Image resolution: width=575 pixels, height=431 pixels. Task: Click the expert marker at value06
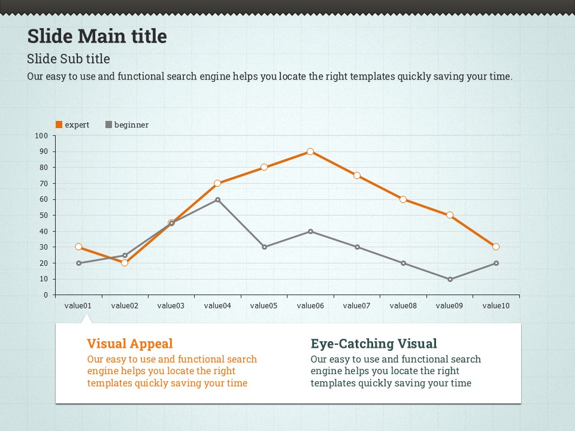pyautogui.click(x=310, y=151)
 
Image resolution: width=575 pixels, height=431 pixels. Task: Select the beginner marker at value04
pyautogui.click(x=217, y=199)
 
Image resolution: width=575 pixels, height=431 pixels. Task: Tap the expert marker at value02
pyautogui.click(x=125, y=263)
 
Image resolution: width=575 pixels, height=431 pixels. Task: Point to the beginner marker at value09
pyautogui.click(x=449, y=279)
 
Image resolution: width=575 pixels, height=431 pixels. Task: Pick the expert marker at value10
pyautogui.click(x=496, y=247)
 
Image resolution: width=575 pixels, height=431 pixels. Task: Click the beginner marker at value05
pyautogui.click(x=264, y=247)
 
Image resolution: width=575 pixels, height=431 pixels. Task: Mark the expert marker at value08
pyautogui.click(x=403, y=199)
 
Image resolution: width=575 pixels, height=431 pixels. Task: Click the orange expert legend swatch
pyautogui.click(x=59, y=125)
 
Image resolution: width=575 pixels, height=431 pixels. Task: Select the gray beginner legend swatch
pyautogui.click(x=108, y=125)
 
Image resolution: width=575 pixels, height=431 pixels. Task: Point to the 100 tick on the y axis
pyautogui.click(x=41, y=136)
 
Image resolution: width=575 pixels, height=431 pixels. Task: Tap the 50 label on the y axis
pyautogui.click(x=43, y=215)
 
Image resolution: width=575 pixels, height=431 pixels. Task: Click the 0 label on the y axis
pyautogui.click(x=45, y=295)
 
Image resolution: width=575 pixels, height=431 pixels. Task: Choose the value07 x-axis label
pyautogui.click(x=356, y=306)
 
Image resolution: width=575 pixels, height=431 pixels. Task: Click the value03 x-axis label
pyautogui.click(x=171, y=306)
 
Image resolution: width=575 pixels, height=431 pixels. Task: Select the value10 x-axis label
pyautogui.click(x=496, y=306)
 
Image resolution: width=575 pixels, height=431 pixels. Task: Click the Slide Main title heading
pyautogui.click(x=97, y=37)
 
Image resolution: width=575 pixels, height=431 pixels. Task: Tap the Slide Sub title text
pyautogui.click(x=68, y=59)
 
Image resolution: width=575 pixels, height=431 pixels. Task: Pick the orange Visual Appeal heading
pyautogui.click(x=130, y=344)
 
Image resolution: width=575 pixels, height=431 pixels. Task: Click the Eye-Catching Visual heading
pyautogui.click(x=374, y=344)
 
